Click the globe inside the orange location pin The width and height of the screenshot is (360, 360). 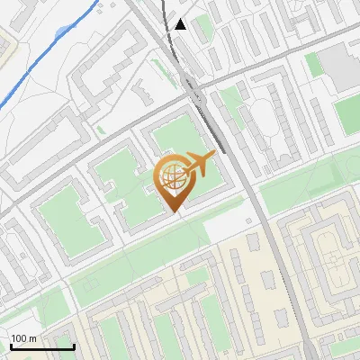173,177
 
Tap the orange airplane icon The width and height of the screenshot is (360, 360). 200,163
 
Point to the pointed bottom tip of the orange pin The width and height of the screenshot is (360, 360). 174,211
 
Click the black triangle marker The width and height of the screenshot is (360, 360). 181,24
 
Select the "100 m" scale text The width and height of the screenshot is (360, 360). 23,338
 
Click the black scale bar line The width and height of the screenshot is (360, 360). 41,346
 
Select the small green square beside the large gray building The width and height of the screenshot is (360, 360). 312,64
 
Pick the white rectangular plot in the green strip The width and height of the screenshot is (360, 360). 225,230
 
